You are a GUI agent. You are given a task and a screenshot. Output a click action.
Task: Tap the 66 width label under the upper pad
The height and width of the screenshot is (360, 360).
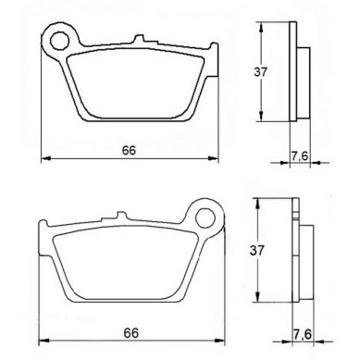click(x=129, y=151)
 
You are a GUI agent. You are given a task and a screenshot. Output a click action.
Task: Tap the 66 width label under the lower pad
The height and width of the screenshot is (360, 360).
click(x=131, y=333)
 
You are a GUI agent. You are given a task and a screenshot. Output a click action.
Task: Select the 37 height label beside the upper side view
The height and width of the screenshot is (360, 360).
click(x=261, y=72)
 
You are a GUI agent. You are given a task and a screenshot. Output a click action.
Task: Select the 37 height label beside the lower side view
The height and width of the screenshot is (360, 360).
click(x=257, y=250)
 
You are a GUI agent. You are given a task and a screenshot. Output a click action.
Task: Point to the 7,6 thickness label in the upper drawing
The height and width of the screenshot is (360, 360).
click(x=300, y=156)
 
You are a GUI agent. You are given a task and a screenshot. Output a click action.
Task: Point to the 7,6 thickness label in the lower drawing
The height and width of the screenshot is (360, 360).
click(x=303, y=334)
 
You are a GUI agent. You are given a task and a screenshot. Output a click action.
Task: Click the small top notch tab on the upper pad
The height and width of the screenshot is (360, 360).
click(x=139, y=39)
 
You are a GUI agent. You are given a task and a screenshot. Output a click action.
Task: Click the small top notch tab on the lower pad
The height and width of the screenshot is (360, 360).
click(x=121, y=216)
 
